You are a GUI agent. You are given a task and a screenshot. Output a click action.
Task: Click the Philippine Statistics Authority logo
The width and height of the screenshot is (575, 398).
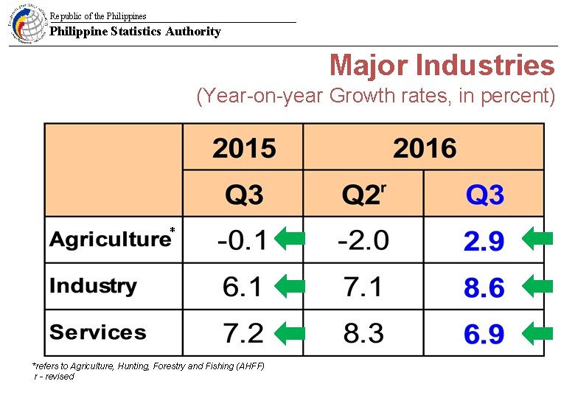click(x=27, y=24)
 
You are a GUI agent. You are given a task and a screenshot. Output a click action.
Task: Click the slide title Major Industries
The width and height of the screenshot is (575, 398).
click(x=442, y=66)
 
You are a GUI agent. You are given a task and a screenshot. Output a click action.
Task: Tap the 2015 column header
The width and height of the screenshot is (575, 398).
click(x=243, y=148)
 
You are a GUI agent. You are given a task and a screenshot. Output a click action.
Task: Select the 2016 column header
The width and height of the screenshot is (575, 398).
click(x=424, y=148)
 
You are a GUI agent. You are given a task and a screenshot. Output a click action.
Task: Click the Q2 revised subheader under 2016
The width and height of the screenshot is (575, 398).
click(x=363, y=195)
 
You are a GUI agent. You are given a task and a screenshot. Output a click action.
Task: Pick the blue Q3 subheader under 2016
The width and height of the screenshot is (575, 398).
click(x=484, y=195)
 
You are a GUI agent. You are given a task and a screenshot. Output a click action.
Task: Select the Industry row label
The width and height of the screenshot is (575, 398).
click(x=93, y=286)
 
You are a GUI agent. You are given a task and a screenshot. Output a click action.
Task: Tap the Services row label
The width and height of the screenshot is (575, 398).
click(x=98, y=332)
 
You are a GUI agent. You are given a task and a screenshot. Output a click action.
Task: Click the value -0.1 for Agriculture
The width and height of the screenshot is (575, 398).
click(x=243, y=240)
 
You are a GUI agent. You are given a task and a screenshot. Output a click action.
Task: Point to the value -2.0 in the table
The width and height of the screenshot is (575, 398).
click(x=363, y=240)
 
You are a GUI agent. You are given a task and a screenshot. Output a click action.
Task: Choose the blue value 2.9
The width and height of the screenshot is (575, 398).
click(x=484, y=241)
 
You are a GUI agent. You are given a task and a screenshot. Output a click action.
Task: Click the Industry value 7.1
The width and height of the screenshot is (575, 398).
click(x=363, y=287)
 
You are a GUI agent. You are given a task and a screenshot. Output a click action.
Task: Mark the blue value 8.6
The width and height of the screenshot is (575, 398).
click(x=484, y=287)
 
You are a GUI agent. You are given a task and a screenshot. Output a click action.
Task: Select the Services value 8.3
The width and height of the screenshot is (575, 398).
click(x=363, y=333)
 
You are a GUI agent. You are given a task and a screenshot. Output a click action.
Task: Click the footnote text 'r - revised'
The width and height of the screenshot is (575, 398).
click(x=55, y=377)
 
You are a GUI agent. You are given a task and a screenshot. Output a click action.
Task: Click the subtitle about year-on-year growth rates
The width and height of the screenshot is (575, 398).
click(x=375, y=97)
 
